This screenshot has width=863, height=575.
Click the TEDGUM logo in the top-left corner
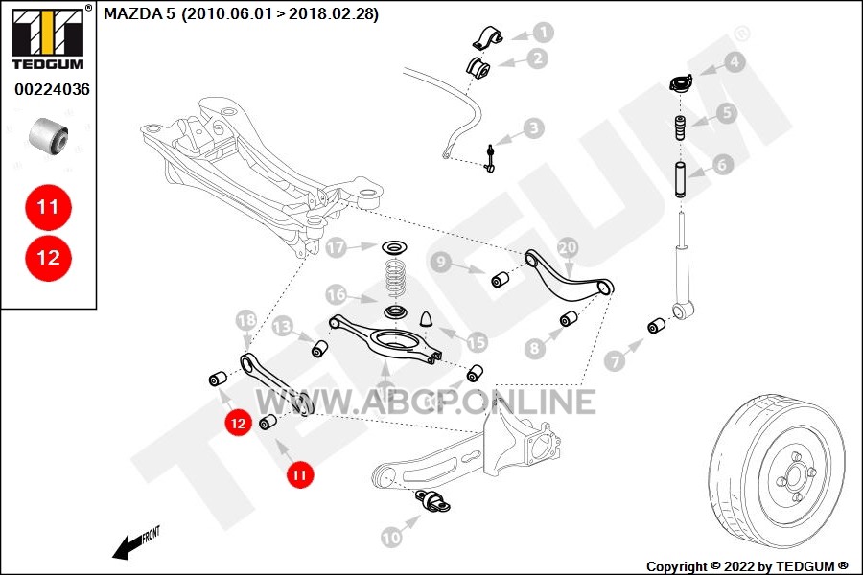click(x=49, y=37)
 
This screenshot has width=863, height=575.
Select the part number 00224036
click(x=52, y=89)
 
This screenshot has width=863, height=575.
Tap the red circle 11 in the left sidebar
click(x=49, y=207)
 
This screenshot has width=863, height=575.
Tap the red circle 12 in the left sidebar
click(x=49, y=258)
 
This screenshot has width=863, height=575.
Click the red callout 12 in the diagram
click(x=238, y=423)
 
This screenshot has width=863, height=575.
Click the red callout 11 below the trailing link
click(x=299, y=474)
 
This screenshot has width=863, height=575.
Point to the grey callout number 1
click(x=544, y=33)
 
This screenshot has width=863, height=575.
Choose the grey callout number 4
click(x=735, y=62)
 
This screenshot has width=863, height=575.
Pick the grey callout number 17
click(x=337, y=247)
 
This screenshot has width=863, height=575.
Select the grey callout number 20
click(x=568, y=247)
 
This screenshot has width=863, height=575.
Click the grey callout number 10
click(x=391, y=537)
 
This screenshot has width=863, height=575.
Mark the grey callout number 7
click(x=615, y=361)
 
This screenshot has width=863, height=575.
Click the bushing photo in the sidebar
click(x=49, y=135)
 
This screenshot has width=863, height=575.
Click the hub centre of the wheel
click(x=795, y=476)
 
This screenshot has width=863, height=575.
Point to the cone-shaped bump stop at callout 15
click(x=428, y=320)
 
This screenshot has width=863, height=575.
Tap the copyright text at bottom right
click(x=747, y=566)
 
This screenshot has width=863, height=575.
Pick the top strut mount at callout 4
click(x=681, y=84)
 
